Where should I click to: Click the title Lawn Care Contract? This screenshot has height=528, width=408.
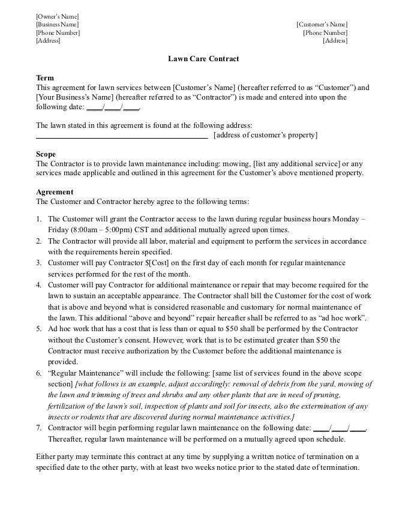click(203, 59)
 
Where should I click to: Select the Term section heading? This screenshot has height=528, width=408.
click(45, 78)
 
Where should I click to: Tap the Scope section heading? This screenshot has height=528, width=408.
click(46, 154)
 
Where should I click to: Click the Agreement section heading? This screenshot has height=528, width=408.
click(55, 192)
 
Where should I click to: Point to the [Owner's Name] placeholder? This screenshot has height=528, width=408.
click(58, 16)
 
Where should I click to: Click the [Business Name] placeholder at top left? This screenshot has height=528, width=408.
click(58, 25)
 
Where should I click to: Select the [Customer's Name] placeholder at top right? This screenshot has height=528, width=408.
click(322, 25)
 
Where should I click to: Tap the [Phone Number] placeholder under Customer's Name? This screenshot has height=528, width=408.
click(325, 33)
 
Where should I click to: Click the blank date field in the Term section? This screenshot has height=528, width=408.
click(113, 107)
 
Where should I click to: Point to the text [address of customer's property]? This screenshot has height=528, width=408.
click(265, 136)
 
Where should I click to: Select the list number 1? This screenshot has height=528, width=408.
click(38, 219)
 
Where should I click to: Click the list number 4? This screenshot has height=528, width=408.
click(38, 285)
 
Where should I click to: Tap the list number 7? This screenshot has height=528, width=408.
click(38, 428)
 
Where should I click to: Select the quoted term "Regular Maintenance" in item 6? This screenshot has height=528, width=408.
click(82, 373)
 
